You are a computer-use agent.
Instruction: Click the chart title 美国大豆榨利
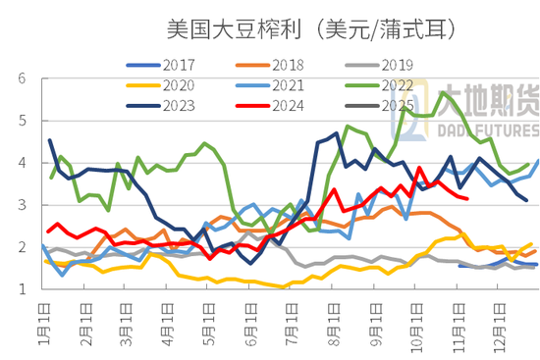(221, 30)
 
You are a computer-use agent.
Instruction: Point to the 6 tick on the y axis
(19, 77)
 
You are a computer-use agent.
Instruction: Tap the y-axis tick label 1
(19, 289)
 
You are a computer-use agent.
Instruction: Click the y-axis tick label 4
(19, 163)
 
